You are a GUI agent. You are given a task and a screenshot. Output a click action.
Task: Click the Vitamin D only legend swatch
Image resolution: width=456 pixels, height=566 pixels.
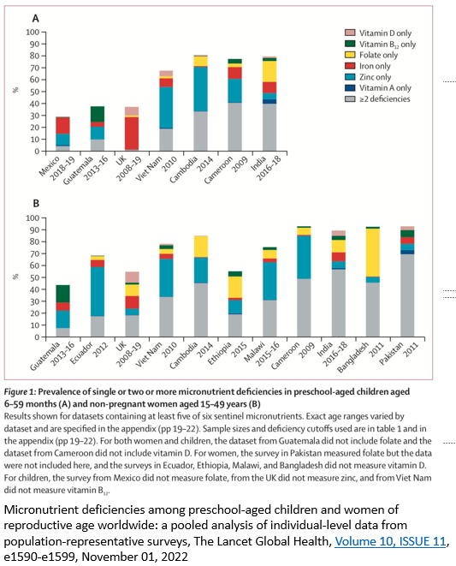click(350, 33)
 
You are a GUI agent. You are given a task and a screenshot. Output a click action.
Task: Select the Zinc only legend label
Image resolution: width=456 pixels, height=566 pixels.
click(376, 77)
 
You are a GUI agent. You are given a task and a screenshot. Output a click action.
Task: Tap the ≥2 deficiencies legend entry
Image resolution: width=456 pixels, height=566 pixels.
click(377, 99)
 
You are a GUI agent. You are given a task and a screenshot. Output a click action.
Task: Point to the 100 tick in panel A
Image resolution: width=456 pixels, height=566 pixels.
click(33, 33)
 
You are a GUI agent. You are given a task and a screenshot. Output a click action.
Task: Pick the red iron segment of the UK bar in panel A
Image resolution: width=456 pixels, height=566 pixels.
click(132, 134)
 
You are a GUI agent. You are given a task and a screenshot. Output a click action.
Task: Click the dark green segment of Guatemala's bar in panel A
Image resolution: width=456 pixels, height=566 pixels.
click(98, 114)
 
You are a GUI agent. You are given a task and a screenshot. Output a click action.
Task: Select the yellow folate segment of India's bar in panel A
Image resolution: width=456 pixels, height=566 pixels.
click(269, 71)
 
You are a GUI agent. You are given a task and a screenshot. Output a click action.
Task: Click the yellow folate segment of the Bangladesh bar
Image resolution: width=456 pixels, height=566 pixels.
click(373, 253)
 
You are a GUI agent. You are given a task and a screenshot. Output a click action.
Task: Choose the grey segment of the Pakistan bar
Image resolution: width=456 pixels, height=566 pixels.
click(407, 295)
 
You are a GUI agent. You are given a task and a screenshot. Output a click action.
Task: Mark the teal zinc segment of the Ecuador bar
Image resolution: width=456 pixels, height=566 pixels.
click(98, 292)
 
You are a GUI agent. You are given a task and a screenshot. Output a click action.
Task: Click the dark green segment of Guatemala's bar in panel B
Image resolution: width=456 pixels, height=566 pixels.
click(62, 294)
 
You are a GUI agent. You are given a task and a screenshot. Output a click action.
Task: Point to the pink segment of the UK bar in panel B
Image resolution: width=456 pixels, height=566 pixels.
click(132, 277)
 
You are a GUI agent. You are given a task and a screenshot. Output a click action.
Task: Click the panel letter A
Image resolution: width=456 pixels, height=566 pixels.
click(35, 18)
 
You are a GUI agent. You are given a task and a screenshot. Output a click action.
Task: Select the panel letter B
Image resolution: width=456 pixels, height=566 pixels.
click(36, 204)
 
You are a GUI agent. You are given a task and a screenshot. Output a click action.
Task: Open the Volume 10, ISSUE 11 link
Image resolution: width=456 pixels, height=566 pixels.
click(390, 541)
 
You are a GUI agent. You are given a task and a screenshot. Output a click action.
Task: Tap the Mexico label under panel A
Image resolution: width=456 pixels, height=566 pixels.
click(49, 166)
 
